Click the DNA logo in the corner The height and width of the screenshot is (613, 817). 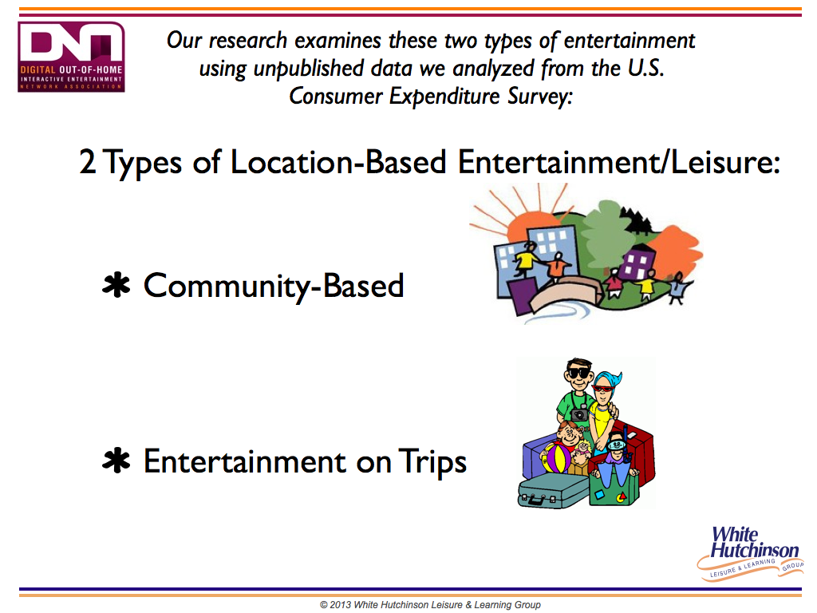pyautogui.click(x=71, y=57)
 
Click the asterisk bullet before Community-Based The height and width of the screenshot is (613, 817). pyautogui.click(x=116, y=285)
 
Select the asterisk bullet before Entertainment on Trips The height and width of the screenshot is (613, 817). pyautogui.click(x=116, y=461)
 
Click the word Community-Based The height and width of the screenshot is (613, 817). pyautogui.click(x=274, y=287)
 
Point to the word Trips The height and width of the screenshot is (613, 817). pyautogui.click(x=432, y=462)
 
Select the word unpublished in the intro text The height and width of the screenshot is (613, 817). pyautogui.click(x=309, y=69)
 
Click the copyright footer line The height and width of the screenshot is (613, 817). pyautogui.click(x=430, y=605)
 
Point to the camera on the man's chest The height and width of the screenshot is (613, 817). pyautogui.click(x=579, y=414)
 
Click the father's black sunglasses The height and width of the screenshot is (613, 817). pyautogui.click(x=579, y=374)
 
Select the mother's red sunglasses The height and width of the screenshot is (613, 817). pyautogui.click(x=603, y=389)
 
